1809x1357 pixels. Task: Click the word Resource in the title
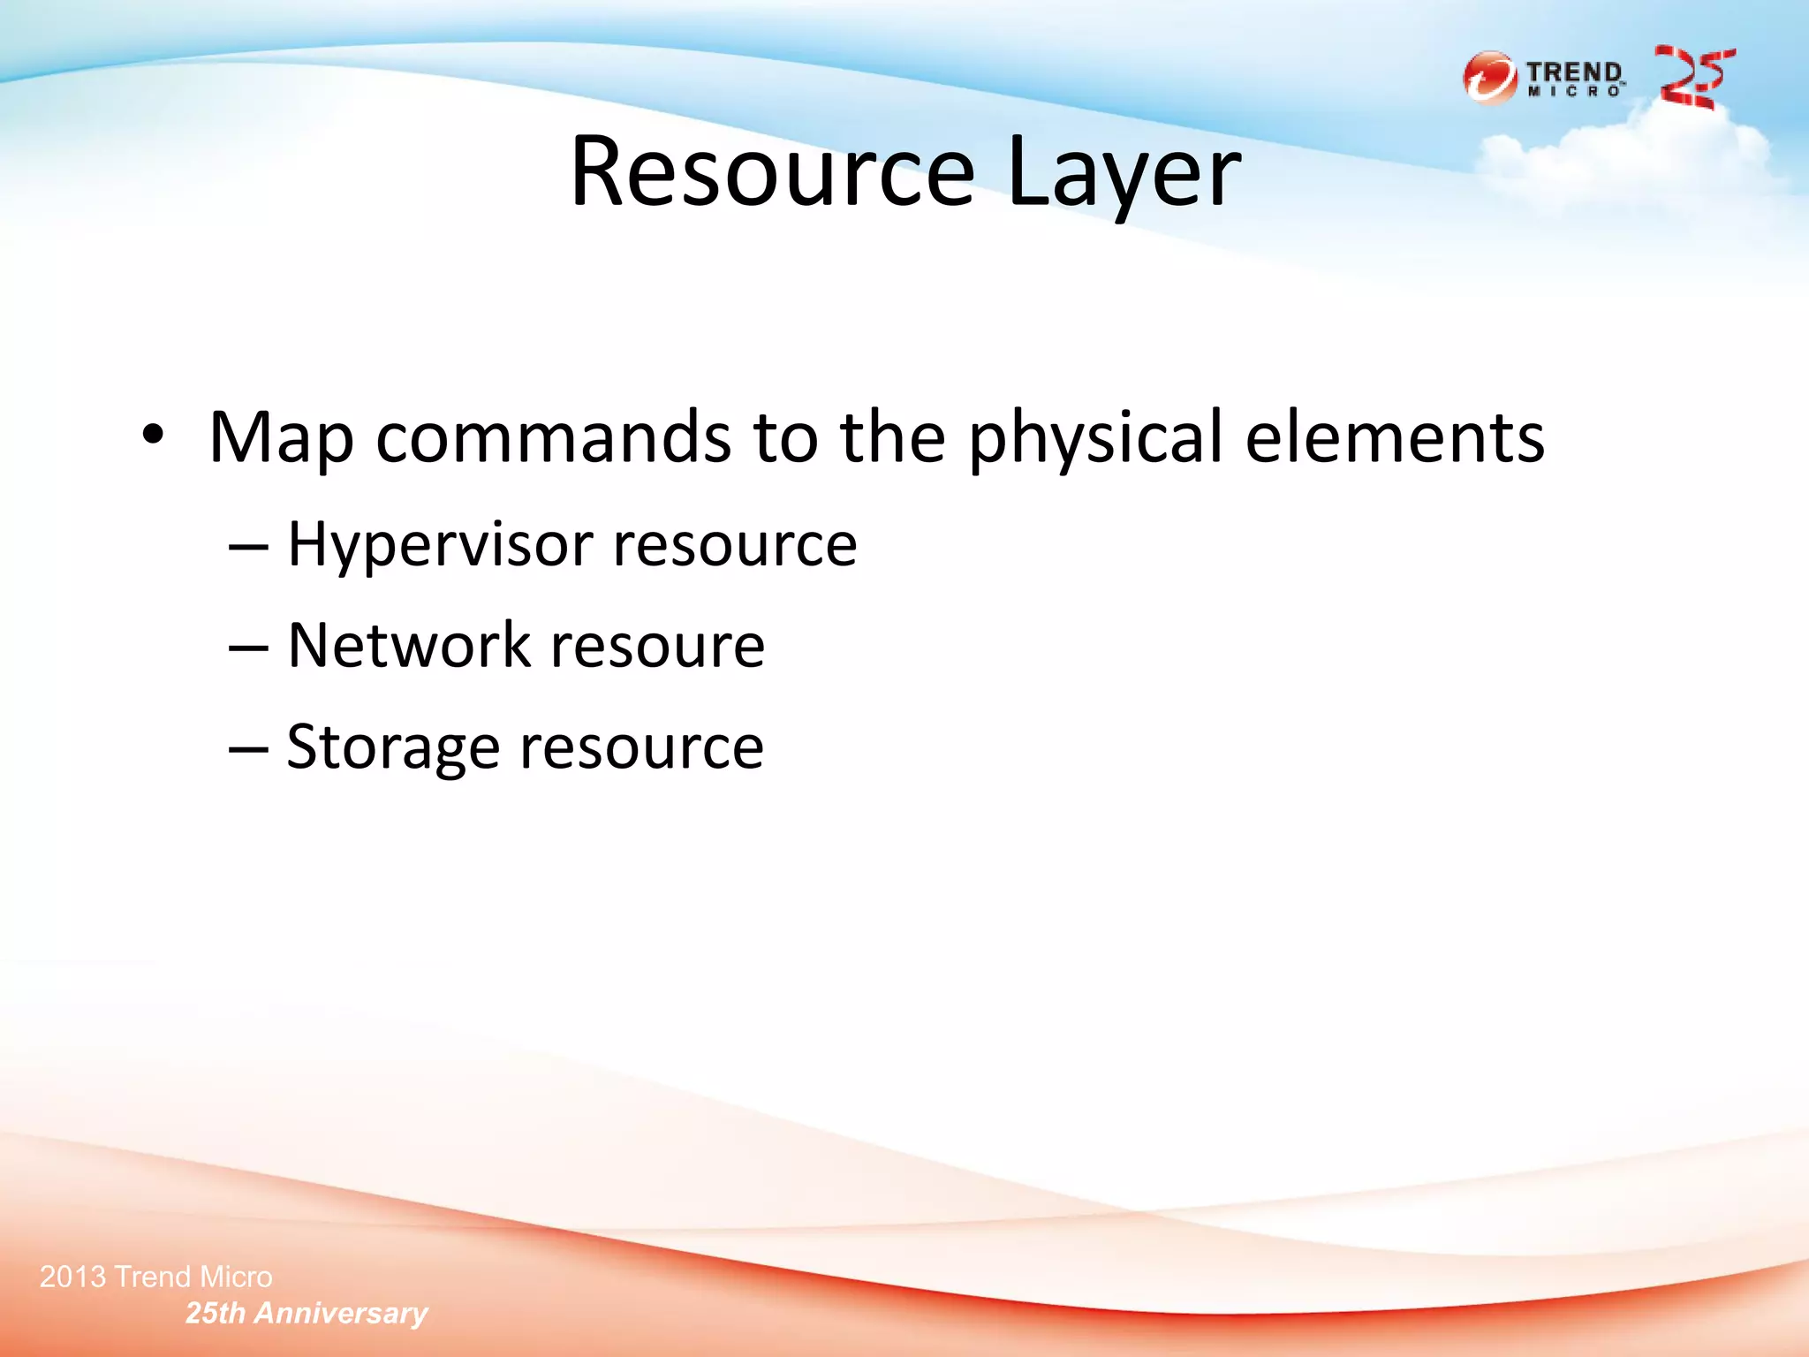click(772, 171)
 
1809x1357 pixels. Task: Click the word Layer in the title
click(1123, 171)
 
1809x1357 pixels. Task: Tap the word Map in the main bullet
click(281, 438)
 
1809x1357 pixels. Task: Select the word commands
click(553, 438)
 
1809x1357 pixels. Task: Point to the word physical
click(1095, 438)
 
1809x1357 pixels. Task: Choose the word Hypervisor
click(440, 544)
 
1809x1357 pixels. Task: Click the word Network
click(409, 645)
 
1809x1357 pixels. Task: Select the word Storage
click(393, 747)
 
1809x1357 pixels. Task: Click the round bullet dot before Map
click(153, 435)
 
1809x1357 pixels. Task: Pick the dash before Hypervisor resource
click(247, 548)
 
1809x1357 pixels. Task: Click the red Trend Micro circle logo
click(1490, 78)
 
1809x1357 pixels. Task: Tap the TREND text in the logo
click(1574, 71)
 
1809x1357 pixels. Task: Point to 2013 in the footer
click(72, 1277)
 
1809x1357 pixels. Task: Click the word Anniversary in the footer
click(341, 1314)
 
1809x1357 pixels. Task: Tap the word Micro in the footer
click(236, 1277)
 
